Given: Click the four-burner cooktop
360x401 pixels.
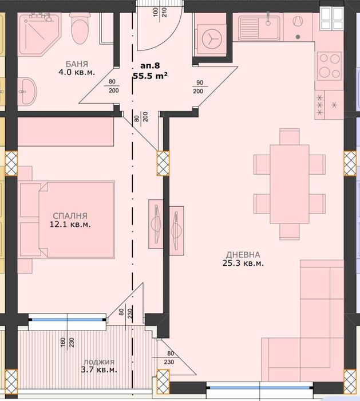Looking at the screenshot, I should click(329, 65).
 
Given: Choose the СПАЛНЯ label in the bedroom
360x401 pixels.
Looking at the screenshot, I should click(68, 215).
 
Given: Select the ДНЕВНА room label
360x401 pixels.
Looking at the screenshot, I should click(243, 254).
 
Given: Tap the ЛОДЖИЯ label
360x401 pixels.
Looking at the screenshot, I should click(98, 361).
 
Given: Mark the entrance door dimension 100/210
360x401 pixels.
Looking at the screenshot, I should click(160, 12).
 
